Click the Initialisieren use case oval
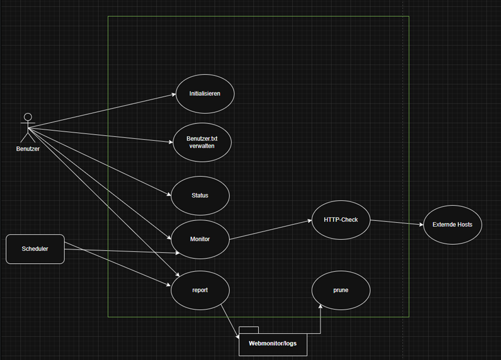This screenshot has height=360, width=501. (205, 93)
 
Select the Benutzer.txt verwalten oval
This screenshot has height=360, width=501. (201, 141)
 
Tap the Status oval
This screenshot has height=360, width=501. (200, 195)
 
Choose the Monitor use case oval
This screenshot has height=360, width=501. (200, 239)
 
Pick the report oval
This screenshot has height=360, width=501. (200, 290)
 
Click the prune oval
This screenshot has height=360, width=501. (341, 290)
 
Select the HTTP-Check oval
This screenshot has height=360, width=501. (341, 220)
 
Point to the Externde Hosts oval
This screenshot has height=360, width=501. (453, 225)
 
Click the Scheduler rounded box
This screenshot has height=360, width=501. (35, 249)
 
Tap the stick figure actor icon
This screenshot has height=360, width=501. (27, 127)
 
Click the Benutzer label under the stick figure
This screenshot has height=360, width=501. (27, 149)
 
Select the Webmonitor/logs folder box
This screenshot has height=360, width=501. (273, 344)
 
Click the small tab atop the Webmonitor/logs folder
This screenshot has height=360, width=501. (249, 330)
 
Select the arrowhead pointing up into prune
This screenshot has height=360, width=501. (321, 307)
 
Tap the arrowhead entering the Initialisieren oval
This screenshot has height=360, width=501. (173, 95)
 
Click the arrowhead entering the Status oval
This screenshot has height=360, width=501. (169, 194)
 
